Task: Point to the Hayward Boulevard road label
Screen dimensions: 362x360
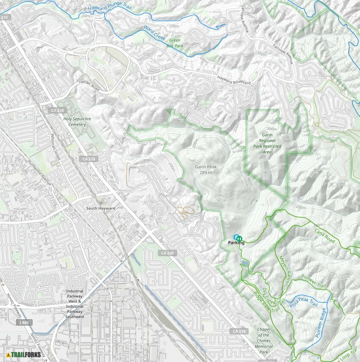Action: coord(234,79)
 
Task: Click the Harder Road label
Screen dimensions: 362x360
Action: coord(89,86)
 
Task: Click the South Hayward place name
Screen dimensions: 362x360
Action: coord(101,208)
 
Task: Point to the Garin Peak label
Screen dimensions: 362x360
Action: coord(205,167)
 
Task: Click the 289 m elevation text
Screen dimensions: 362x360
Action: coord(205,173)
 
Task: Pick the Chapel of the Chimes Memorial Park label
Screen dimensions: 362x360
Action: coord(263,340)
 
